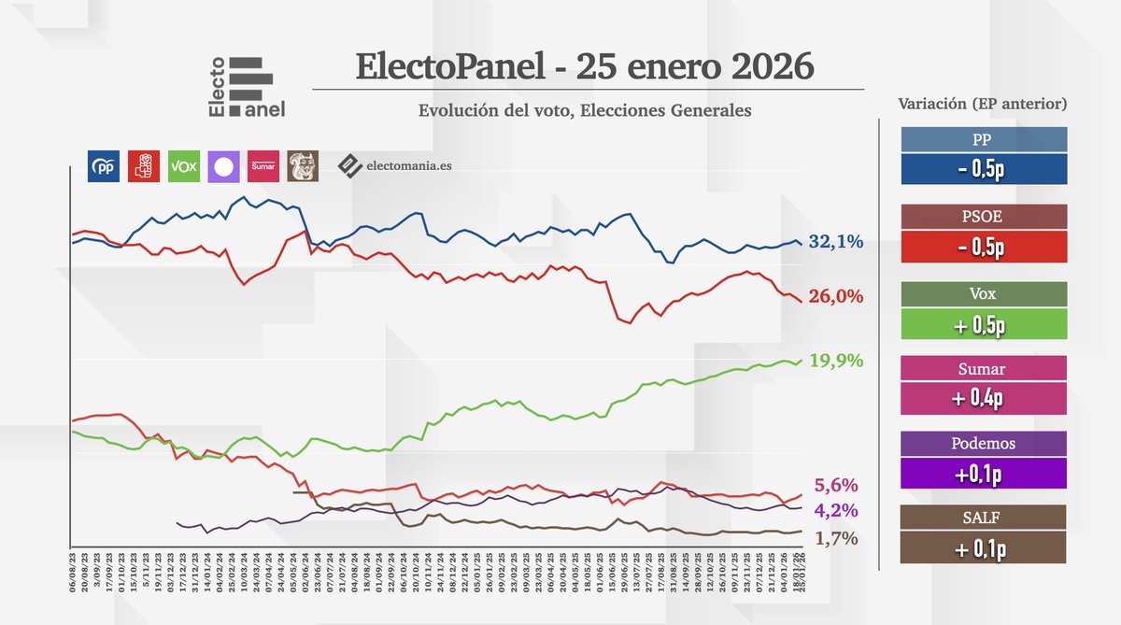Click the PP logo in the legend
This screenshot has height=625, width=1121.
tap(103, 166)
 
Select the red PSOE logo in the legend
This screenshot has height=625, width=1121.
tap(143, 166)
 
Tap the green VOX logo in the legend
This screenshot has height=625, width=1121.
tap(183, 166)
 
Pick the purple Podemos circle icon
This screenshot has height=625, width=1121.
tap(223, 166)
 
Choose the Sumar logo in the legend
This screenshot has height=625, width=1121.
tap(263, 166)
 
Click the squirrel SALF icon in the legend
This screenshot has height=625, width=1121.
tap(303, 165)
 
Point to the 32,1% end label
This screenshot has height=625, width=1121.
tap(835, 242)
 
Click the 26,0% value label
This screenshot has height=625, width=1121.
tap(835, 296)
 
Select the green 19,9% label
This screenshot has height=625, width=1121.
tap(835, 361)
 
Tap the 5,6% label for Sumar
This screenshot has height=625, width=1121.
tap(836, 485)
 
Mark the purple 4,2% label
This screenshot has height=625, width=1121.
tap(836, 510)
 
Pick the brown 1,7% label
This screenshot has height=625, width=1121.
tap(836, 538)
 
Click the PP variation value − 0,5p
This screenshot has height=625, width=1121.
tap(983, 170)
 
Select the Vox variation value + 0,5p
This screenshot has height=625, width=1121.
tap(983, 323)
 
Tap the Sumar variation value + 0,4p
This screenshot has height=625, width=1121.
tap(983, 399)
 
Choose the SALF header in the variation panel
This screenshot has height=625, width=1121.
tap(983, 518)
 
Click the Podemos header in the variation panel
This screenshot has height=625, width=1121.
tap(983, 444)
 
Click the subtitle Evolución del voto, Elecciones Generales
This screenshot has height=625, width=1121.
tap(585, 110)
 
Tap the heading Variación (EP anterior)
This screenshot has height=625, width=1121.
tap(982, 104)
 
